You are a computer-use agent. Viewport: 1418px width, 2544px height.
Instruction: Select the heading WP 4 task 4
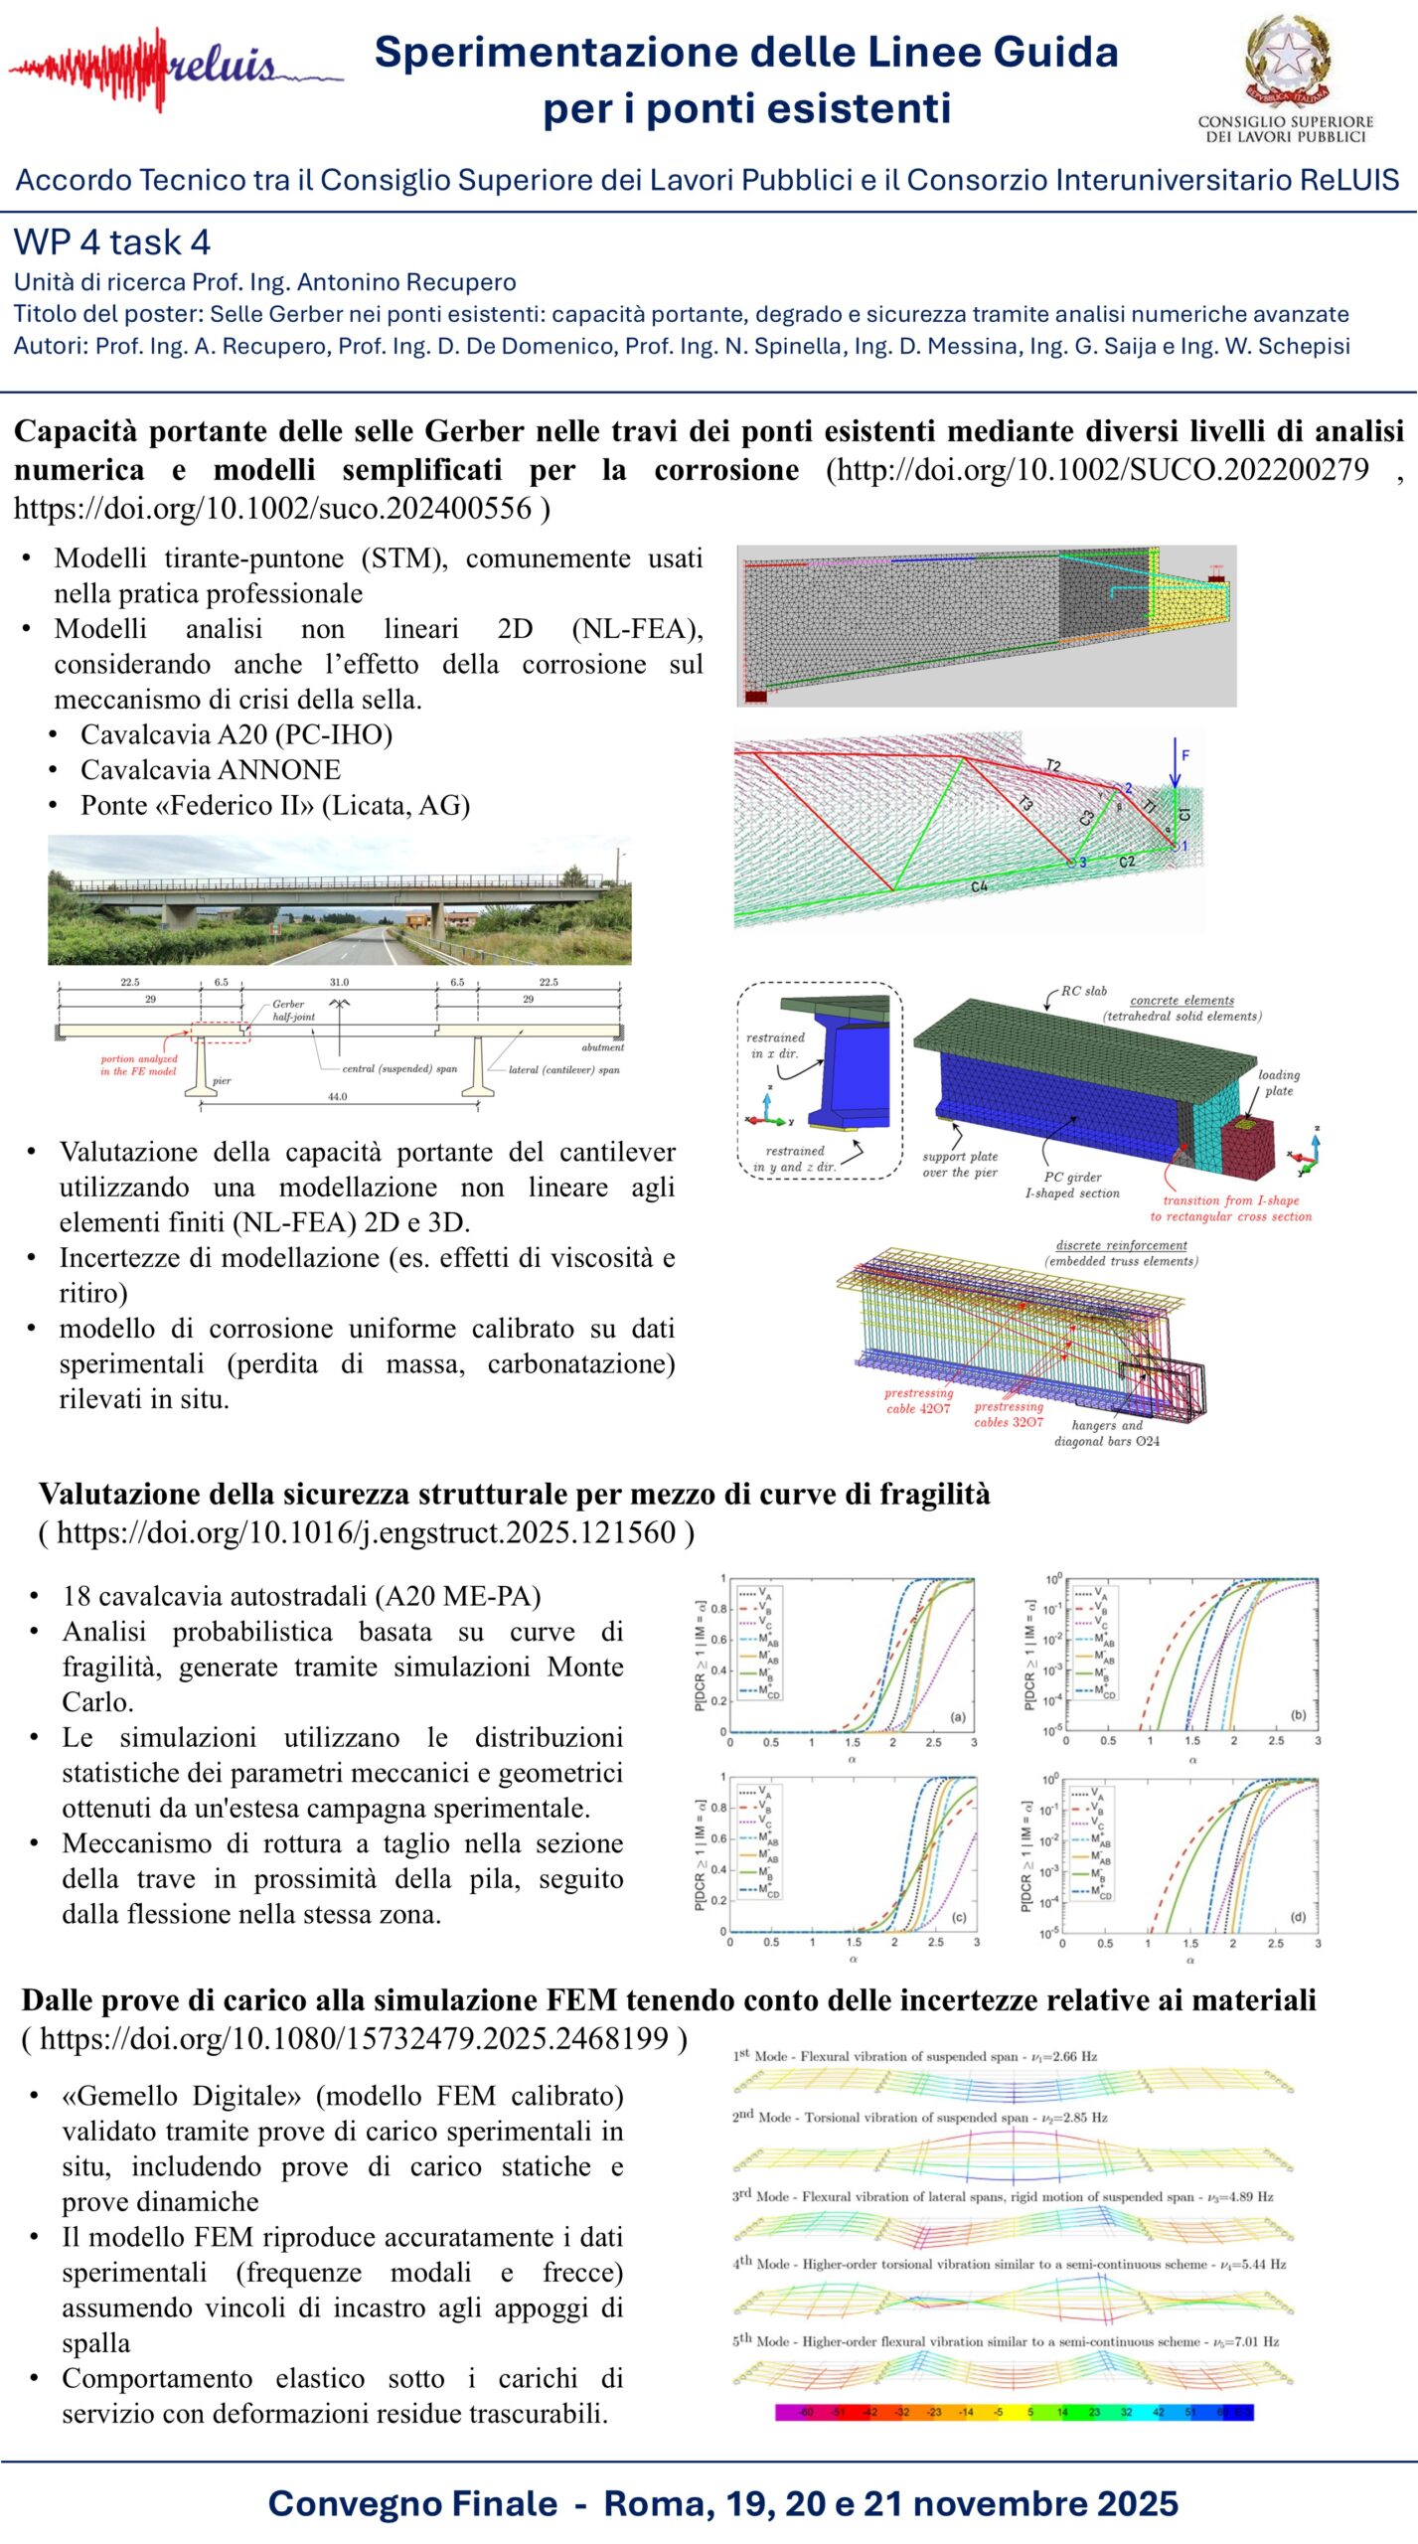111,242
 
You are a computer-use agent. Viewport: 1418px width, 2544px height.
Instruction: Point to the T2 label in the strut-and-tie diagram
1053,765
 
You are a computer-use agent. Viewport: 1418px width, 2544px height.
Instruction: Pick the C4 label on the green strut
979,885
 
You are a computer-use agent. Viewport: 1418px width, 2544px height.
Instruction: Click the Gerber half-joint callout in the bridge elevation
293,1010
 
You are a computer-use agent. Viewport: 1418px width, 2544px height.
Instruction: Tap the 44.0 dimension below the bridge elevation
338,1097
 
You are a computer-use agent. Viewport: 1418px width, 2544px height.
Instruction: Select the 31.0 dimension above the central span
339,982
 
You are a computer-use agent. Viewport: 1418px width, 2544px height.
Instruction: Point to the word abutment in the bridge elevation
602,1047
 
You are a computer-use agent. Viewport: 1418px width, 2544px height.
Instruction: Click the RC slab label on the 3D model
1083,991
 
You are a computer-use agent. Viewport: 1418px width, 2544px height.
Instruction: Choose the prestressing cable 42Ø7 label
918,1400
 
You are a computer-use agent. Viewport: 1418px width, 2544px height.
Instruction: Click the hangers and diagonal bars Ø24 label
1107,1433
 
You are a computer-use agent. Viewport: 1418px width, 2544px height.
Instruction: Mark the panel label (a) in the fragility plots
958,1716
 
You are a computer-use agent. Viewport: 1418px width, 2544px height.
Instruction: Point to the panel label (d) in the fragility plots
1298,1916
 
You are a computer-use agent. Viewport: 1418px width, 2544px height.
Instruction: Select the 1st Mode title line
914,2056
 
